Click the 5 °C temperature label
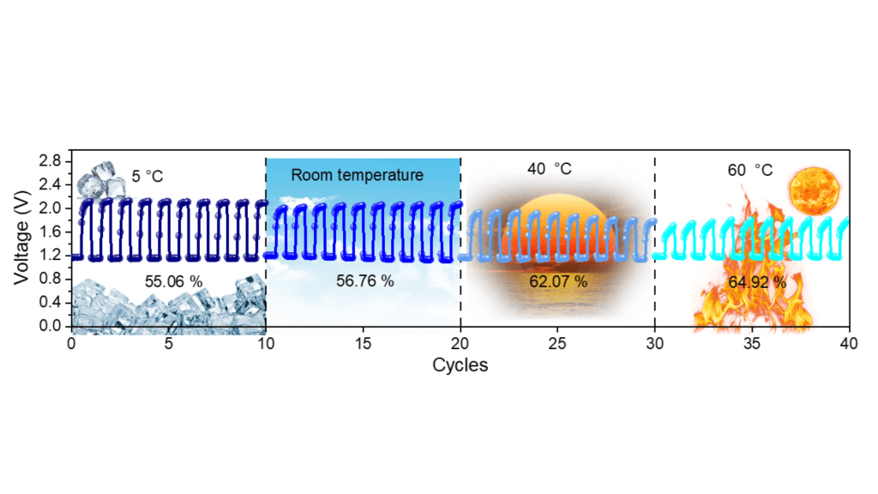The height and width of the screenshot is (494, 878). [x=147, y=177]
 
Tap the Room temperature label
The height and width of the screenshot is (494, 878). [x=358, y=175]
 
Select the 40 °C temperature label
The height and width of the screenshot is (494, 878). [x=550, y=169]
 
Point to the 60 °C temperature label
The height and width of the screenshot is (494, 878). [x=749, y=170]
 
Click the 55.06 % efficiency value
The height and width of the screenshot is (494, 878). [x=173, y=281]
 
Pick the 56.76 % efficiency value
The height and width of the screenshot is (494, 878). [x=365, y=280]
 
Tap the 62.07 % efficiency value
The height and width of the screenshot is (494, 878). [x=558, y=281]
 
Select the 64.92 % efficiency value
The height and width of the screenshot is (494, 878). [x=757, y=282]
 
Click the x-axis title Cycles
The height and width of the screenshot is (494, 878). [x=460, y=365]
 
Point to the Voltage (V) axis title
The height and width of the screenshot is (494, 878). [x=21, y=237]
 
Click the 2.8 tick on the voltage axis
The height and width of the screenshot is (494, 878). [x=50, y=161]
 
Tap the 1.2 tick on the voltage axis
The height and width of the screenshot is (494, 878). [x=50, y=255]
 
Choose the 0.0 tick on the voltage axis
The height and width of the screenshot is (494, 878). [x=50, y=325]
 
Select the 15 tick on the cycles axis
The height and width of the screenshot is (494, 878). [x=363, y=343]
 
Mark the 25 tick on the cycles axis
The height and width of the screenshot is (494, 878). [x=557, y=343]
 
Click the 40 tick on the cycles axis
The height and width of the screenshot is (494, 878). [x=849, y=343]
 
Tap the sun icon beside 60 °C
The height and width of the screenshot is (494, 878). [x=815, y=190]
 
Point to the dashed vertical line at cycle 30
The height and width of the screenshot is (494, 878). [x=654, y=243]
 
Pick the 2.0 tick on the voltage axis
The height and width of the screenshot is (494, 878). [x=50, y=208]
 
